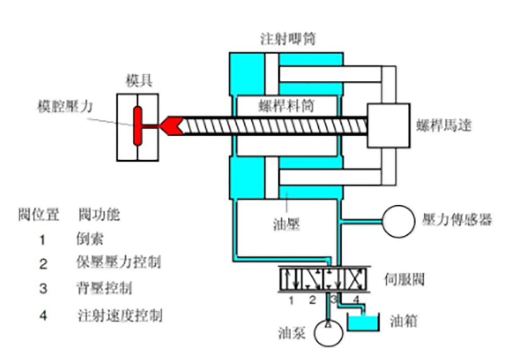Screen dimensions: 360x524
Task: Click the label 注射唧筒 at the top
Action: tap(287, 40)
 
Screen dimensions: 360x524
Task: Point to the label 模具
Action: tap(138, 82)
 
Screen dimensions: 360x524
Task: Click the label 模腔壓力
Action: tap(61, 105)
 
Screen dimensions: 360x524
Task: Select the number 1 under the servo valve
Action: tap(291, 300)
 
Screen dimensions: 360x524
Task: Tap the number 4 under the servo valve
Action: tap(355, 300)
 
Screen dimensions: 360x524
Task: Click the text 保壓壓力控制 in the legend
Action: tap(119, 263)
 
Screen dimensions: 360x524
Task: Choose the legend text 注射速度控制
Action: tap(119, 315)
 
